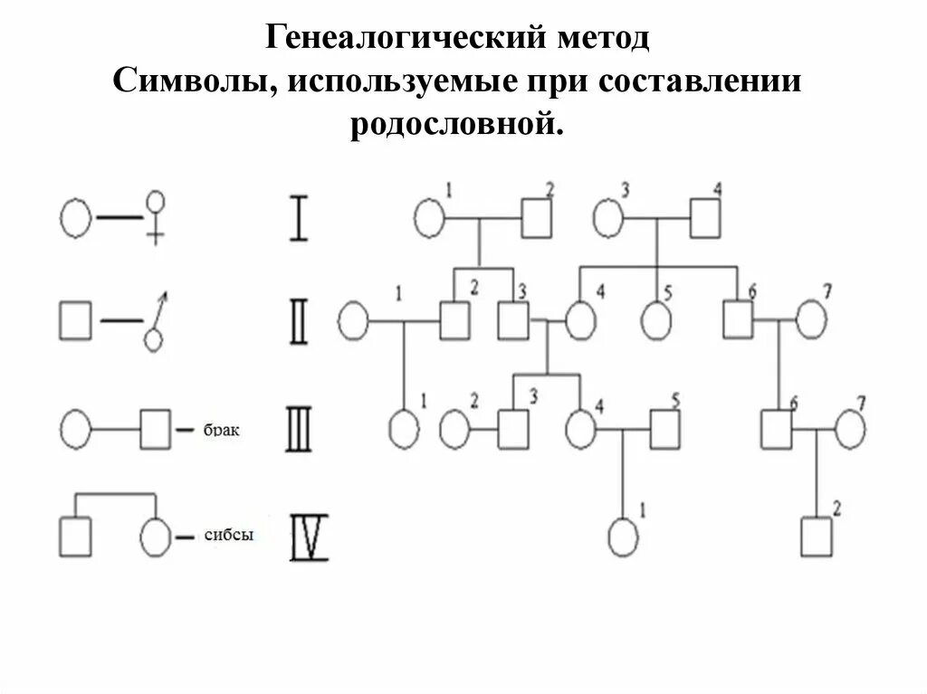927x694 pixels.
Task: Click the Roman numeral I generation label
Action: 298,217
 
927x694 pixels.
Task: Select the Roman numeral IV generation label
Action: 309,537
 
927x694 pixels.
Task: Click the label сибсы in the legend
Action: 231,536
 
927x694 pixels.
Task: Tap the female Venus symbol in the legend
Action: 157,217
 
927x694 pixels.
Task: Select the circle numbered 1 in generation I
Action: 430,218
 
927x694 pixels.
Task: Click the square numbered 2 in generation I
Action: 536,218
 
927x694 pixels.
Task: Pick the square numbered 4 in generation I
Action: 705,218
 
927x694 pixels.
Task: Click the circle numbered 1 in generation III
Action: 404,430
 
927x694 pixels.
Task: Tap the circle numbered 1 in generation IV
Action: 623,537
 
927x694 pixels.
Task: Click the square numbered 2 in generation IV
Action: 817,537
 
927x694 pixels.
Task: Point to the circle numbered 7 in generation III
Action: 851,430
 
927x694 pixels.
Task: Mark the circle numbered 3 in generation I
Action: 608,218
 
